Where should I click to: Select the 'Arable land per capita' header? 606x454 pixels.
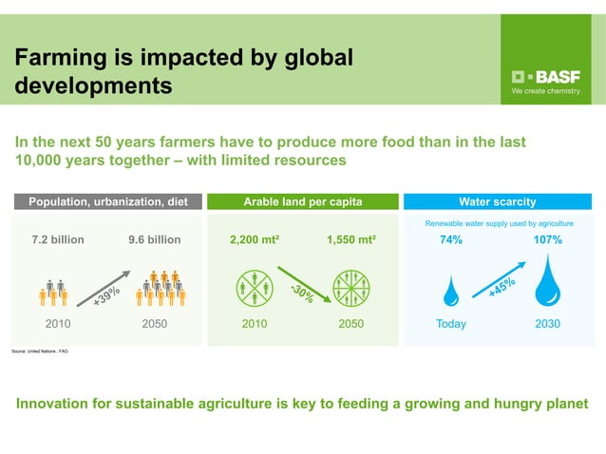pos(303,201)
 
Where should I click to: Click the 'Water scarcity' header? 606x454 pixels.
pos(497,201)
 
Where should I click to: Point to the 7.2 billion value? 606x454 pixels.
pos(58,240)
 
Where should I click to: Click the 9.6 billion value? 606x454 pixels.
pos(154,240)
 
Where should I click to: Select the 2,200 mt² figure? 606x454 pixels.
pos(255,240)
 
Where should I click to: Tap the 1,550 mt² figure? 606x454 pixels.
pos(351,240)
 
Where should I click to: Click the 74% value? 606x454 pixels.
pos(450,240)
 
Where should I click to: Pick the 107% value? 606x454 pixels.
pos(548,240)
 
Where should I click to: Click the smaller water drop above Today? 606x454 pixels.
pos(453,292)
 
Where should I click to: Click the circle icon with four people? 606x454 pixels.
pos(254,288)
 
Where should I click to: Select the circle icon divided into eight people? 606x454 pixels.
pos(351,288)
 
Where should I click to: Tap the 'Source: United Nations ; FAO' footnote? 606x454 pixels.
pos(40,351)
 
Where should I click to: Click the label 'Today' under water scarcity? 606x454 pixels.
pos(452,324)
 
